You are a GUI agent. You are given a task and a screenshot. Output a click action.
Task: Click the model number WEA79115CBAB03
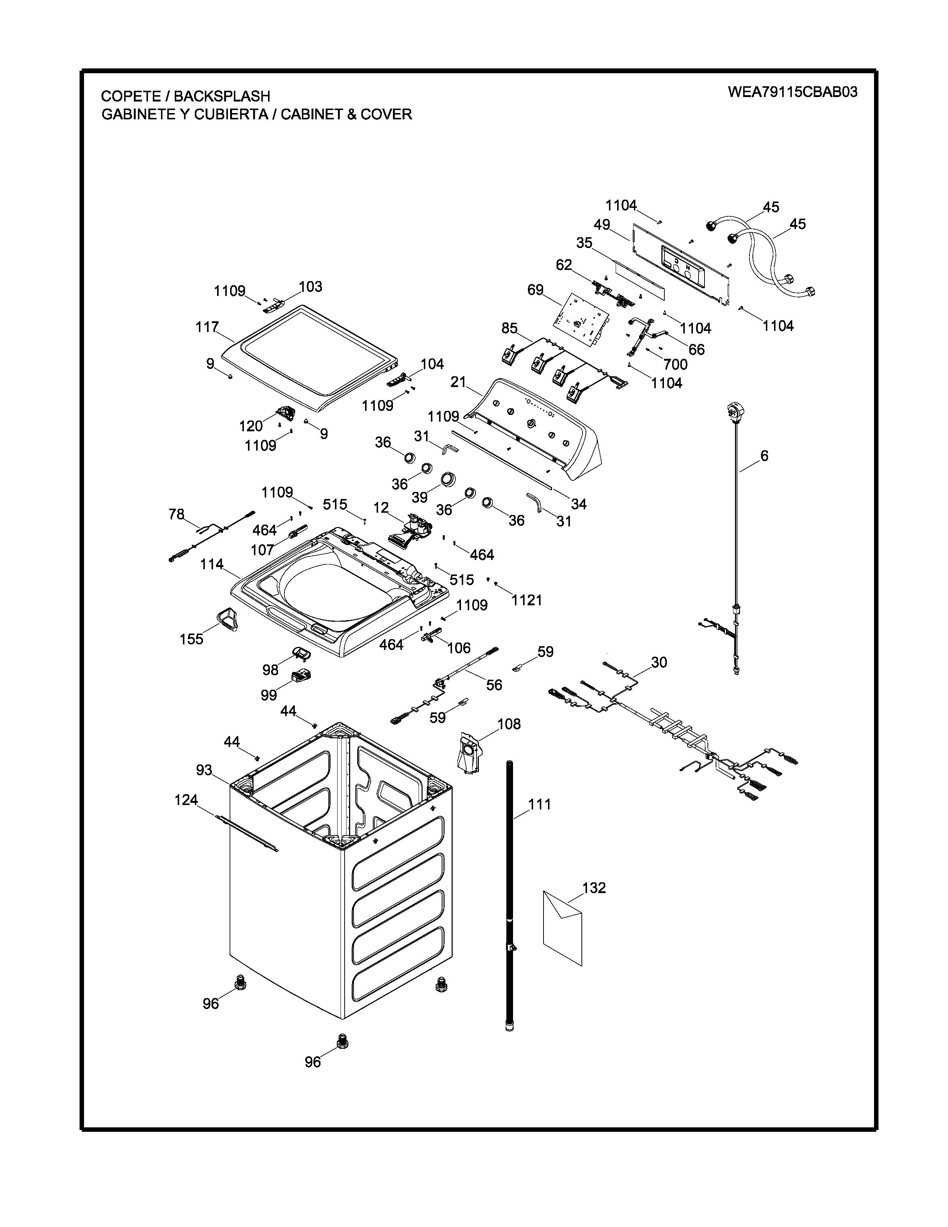(793, 92)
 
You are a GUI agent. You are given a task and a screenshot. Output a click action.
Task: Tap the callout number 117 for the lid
(207, 327)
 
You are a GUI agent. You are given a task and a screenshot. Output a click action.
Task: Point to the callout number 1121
(527, 600)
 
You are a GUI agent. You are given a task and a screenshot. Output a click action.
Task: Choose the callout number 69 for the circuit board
(535, 290)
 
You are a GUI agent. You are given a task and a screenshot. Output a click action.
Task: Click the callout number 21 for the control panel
(458, 382)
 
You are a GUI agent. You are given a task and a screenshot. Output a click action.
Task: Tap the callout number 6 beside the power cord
(764, 455)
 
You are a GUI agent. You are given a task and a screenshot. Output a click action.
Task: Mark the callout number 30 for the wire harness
(659, 662)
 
